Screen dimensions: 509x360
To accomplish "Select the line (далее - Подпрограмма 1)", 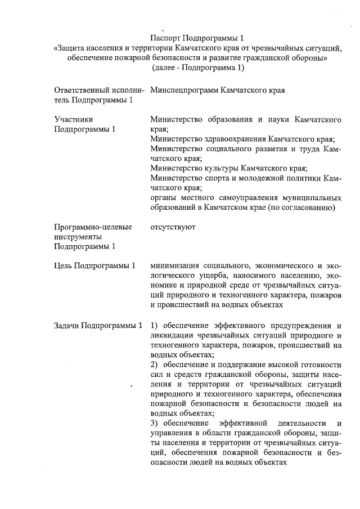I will point(199,68).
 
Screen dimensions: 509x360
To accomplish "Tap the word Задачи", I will point(67,325).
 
